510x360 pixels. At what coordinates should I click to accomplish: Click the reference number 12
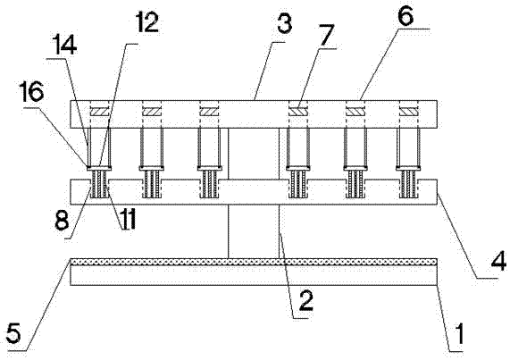tap(147, 22)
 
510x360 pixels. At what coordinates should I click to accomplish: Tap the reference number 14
tap(64, 46)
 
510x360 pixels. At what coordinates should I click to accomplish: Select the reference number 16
tap(32, 93)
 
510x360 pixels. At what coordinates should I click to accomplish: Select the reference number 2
tap(305, 301)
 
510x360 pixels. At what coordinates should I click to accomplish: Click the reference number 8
tap(62, 219)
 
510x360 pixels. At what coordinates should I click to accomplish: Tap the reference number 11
tap(128, 219)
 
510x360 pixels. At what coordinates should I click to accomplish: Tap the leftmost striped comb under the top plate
tap(99, 184)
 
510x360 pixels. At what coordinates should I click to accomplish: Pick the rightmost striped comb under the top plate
tap(408, 184)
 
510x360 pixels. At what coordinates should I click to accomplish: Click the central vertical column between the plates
tap(254, 193)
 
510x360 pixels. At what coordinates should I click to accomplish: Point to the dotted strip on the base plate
tap(254, 262)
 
